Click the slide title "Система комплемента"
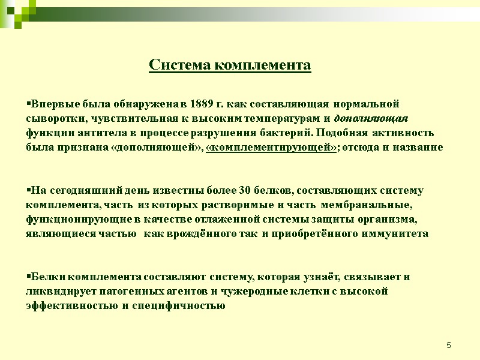[230, 65]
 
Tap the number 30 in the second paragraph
[245, 191]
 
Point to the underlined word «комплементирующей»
[271, 147]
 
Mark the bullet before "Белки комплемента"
[28, 277]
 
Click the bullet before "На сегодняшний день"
[28, 191]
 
